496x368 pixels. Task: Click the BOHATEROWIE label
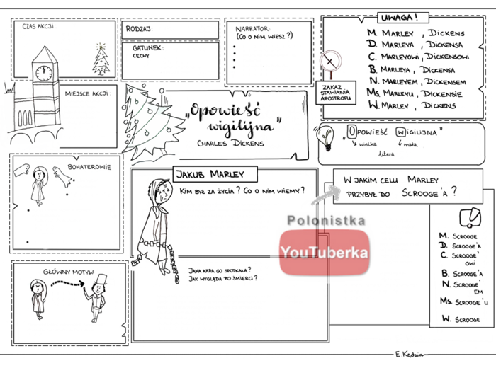tap(89, 167)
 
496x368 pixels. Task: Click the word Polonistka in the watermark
tap(326, 222)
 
